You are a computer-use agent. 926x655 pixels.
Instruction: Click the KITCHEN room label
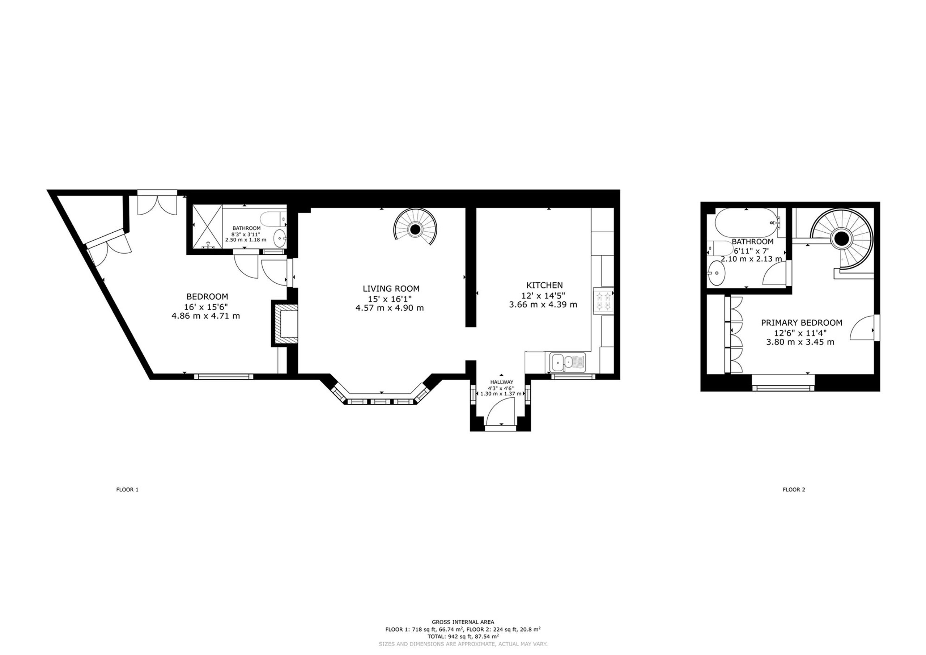click(x=544, y=285)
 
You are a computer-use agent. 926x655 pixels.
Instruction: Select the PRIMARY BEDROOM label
click(x=801, y=323)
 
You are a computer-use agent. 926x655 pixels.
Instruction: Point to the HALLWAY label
click(x=502, y=382)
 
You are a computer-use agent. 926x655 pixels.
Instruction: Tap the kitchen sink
click(x=568, y=362)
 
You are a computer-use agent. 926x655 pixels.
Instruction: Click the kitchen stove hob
click(x=603, y=300)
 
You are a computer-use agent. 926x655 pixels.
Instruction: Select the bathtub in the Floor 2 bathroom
click(x=746, y=223)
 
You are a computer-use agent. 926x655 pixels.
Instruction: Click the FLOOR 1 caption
click(x=127, y=490)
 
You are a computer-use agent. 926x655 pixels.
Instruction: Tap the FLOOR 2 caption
click(x=794, y=490)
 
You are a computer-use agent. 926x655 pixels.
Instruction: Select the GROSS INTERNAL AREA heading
click(x=463, y=622)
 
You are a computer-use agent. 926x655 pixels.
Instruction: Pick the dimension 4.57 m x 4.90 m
click(x=390, y=308)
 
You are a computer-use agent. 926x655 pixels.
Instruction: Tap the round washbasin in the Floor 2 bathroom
click(x=717, y=273)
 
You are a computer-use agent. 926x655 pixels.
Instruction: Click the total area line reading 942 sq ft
click(x=463, y=637)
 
